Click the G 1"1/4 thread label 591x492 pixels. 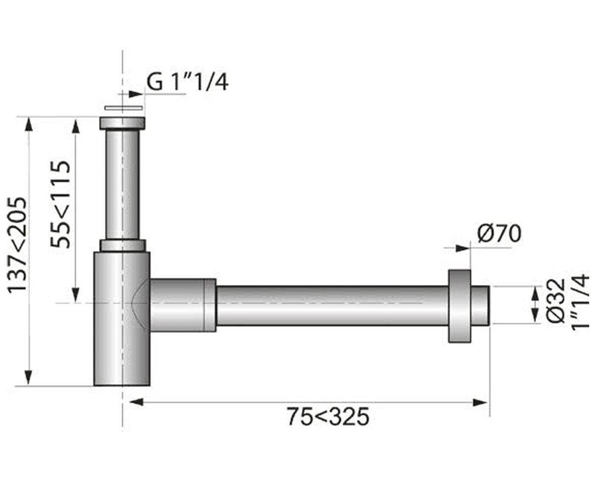click(x=187, y=82)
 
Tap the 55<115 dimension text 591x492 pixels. click(x=60, y=205)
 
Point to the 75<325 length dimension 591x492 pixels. click(x=328, y=417)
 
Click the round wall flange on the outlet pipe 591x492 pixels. click(x=460, y=306)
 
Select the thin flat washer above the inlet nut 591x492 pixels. click(x=123, y=108)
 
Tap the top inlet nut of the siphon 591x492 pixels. click(x=122, y=123)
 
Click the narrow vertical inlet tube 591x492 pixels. click(x=123, y=185)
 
